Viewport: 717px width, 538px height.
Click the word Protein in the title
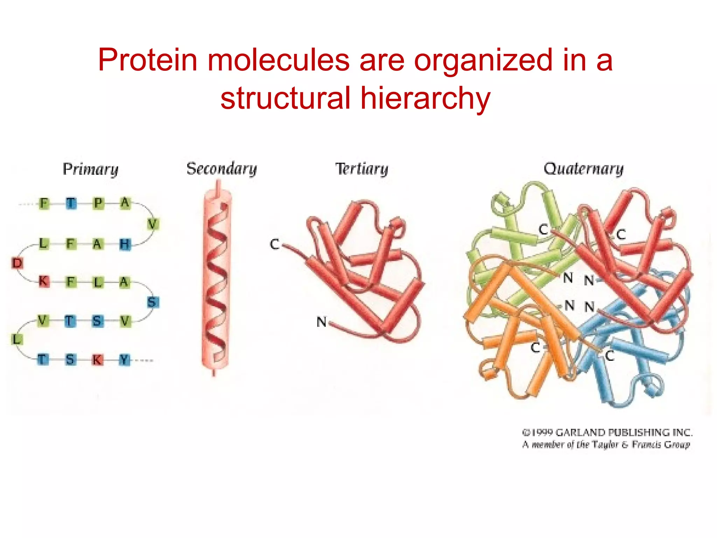pos(147,60)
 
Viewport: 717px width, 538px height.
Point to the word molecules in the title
pos(278,60)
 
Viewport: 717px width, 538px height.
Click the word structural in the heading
pos(285,98)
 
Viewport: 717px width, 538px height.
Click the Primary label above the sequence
pos(91,169)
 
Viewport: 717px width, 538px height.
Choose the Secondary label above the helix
pos(222,169)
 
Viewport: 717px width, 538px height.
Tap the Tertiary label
pos(362,169)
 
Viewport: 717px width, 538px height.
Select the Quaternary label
pos(584,169)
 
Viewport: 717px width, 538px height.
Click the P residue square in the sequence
pos(98,203)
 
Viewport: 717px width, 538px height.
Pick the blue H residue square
pos(125,244)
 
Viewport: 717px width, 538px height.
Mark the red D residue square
pos(17,263)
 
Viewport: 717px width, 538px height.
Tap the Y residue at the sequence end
pos(124,360)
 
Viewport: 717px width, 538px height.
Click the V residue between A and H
pos(152,224)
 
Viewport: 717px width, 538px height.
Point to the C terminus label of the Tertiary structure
pos(274,244)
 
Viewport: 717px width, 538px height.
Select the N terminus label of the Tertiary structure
pos(321,322)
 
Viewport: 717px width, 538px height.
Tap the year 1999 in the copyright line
pos(542,433)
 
